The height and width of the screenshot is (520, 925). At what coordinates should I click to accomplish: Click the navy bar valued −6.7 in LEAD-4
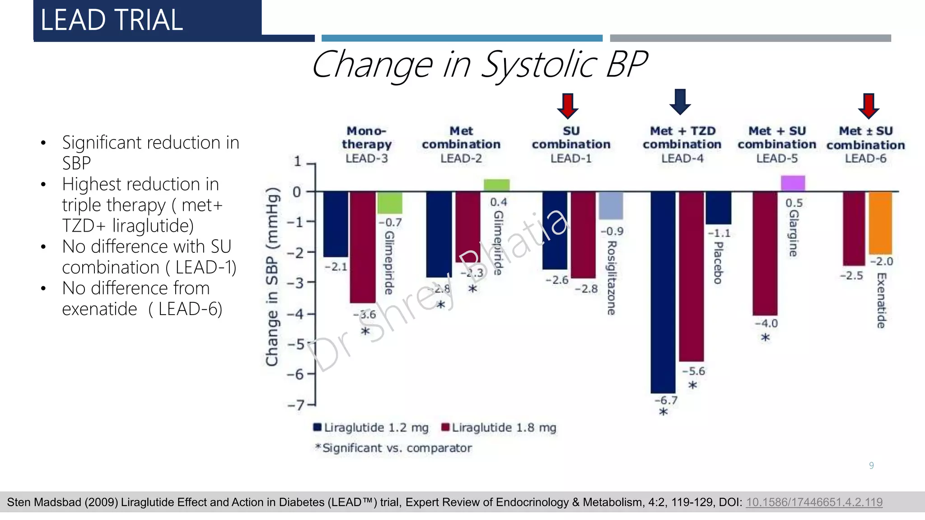[x=663, y=292]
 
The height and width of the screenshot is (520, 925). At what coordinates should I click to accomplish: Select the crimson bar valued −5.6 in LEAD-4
[x=691, y=277]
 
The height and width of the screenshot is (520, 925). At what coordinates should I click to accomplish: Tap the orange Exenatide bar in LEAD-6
[x=881, y=223]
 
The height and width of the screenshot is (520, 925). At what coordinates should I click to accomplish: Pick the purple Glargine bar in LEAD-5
[x=793, y=183]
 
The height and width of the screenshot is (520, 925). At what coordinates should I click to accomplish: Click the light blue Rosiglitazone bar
[x=611, y=205]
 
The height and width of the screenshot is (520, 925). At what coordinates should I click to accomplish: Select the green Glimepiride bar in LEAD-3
[x=390, y=203]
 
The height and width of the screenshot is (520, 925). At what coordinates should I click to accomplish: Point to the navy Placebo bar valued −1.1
[x=719, y=208]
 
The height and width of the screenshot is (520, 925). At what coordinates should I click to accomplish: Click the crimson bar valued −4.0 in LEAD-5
[x=765, y=254]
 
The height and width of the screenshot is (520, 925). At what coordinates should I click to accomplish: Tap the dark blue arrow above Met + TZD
[x=680, y=102]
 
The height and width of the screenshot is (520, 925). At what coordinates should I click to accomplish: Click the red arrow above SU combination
[x=568, y=106]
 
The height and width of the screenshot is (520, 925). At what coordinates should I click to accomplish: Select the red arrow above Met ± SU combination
[x=869, y=106]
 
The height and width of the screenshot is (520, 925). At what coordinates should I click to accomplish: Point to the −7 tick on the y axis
[x=311, y=405]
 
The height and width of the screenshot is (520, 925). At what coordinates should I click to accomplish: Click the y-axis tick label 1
[x=297, y=161]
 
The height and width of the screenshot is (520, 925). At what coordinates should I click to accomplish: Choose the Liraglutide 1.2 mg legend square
[x=318, y=427]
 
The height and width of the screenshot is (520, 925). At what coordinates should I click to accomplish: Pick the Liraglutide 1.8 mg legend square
[x=445, y=427]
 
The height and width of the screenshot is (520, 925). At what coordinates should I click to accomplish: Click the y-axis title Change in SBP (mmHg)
[x=272, y=277]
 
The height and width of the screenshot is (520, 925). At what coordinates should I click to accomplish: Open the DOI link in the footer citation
[x=814, y=502]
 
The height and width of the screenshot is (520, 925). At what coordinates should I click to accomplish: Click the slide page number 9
[x=871, y=465]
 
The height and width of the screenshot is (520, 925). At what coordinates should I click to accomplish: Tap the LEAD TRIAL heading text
[x=112, y=20]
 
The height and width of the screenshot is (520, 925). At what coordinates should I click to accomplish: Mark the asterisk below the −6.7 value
[x=663, y=412]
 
